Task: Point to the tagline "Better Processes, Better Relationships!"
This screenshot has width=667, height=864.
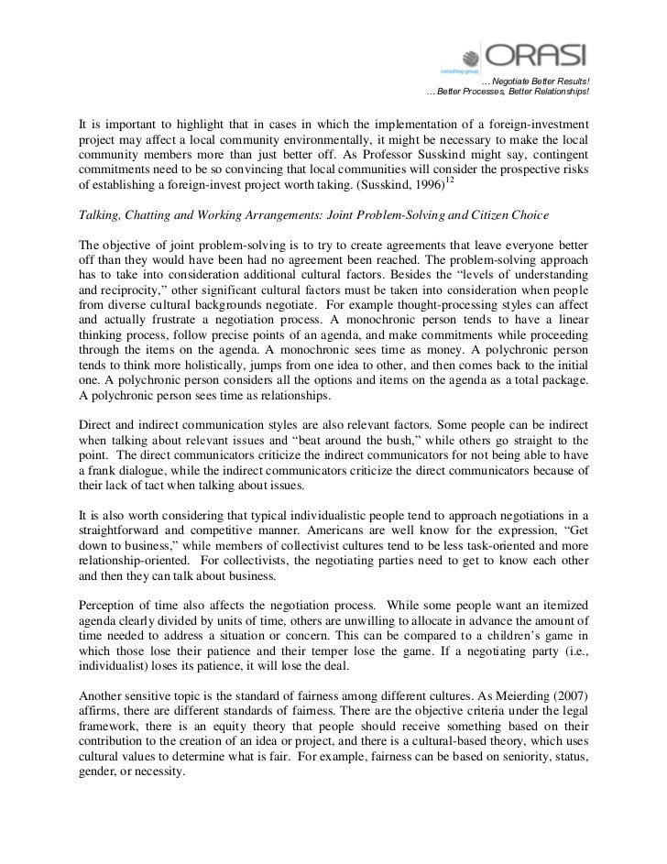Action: click(x=508, y=94)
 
